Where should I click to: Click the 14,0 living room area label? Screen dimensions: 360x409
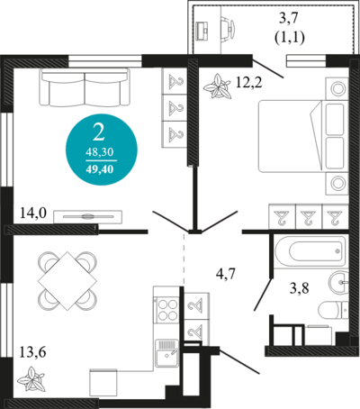(33, 214)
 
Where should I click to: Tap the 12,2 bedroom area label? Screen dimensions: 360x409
(248, 83)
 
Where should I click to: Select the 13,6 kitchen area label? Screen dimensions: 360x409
(32, 352)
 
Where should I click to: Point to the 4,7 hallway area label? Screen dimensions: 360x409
(226, 274)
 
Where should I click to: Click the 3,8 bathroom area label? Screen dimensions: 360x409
(299, 288)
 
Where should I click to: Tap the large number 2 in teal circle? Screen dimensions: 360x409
(99, 132)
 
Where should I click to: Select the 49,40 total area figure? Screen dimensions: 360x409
(100, 169)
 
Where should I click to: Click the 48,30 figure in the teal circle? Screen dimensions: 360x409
(100, 152)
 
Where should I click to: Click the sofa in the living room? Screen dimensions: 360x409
(85, 87)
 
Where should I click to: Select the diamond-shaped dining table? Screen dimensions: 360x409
(67, 280)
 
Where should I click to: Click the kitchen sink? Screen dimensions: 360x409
(167, 353)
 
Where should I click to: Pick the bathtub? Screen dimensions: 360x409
(310, 251)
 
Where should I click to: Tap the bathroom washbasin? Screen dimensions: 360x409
(339, 282)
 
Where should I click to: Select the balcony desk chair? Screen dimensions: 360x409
(228, 28)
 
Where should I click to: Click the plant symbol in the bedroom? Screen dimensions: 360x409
(217, 87)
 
